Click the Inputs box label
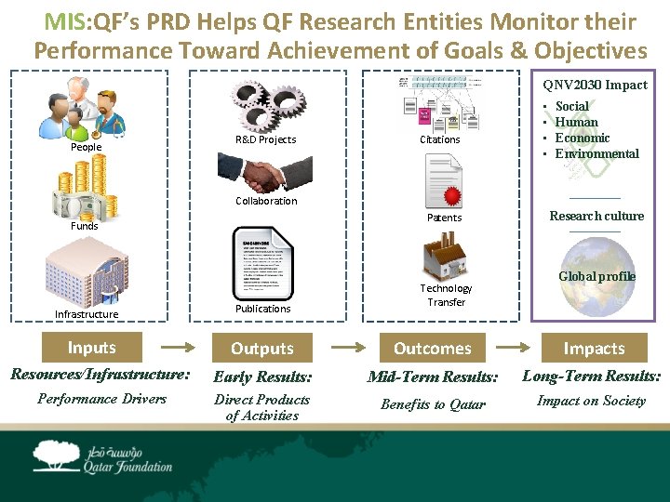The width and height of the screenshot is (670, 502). pyautogui.click(x=91, y=348)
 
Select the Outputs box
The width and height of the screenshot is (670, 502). pyautogui.click(x=262, y=349)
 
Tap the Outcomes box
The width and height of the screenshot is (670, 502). pyautogui.click(x=432, y=349)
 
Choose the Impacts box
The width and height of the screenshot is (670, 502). pyautogui.click(x=594, y=349)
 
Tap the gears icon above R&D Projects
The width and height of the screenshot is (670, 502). pyautogui.click(x=265, y=102)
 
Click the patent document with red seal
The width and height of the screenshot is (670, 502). pyautogui.click(x=444, y=181)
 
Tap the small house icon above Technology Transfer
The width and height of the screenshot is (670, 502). pyautogui.click(x=445, y=257)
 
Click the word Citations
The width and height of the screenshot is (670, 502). pyautogui.click(x=440, y=139)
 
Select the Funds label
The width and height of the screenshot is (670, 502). pyautogui.click(x=85, y=226)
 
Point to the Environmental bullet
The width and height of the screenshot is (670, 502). pyautogui.click(x=596, y=154)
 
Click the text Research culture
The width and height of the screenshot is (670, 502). pyautogui.click(x=596, y=216)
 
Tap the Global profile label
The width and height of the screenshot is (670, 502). pyautogui.click(x=596, y=276)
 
